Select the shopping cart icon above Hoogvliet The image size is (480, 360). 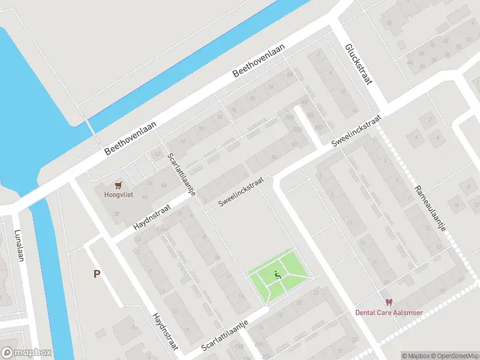(119, 185)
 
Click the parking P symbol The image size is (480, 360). (97, 274)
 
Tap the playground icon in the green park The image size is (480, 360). (277, 275)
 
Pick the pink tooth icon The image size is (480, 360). (388, 302)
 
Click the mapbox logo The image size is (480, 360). (26, 353)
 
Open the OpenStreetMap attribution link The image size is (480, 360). (454, 356)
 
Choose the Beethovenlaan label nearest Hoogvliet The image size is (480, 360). (130, 137)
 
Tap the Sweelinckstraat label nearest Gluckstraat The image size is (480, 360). (356, 132)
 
